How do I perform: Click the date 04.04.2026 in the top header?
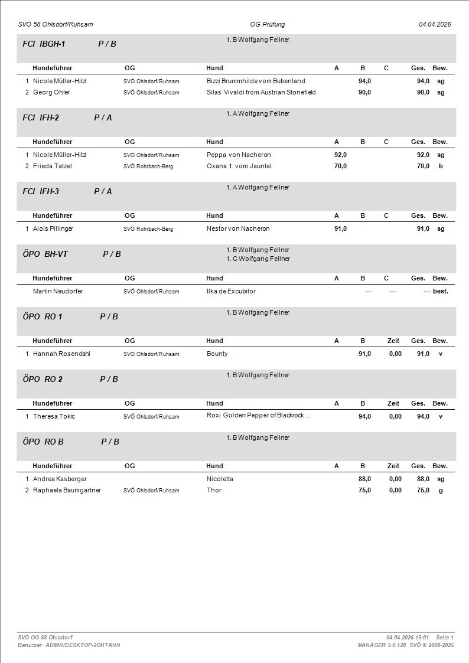click(x=435, y=24)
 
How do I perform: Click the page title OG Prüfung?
click(x=268, y=24)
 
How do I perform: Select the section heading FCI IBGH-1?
click(x=44, y=44)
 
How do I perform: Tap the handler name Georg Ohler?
click(x=51, y=92)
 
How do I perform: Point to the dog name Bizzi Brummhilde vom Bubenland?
click(x=256, y=81)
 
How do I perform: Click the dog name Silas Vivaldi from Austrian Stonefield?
click(x=261, y=92)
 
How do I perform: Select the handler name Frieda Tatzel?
click(x=53, y=166)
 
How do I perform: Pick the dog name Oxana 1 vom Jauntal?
click(x=239, y=166)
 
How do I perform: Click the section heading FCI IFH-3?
click(x=41, y=191)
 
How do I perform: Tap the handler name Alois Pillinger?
click(x=53, y=228)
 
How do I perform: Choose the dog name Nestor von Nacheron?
click(x=238, y=228)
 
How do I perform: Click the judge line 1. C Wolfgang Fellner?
click(x=258, y=259)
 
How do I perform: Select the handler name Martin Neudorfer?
click(x=58, y=291)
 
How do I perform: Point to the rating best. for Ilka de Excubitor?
click(x=441, y=291)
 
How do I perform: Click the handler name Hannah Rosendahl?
click(x=61, y=354)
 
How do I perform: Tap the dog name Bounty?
click(x=217, y=354)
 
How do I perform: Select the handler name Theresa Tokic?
click(x=54, y=416)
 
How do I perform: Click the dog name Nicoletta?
click(x=220, y=479)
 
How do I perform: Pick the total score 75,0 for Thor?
click(x=423, y=490)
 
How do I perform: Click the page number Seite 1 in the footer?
click(x=445, y=638)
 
